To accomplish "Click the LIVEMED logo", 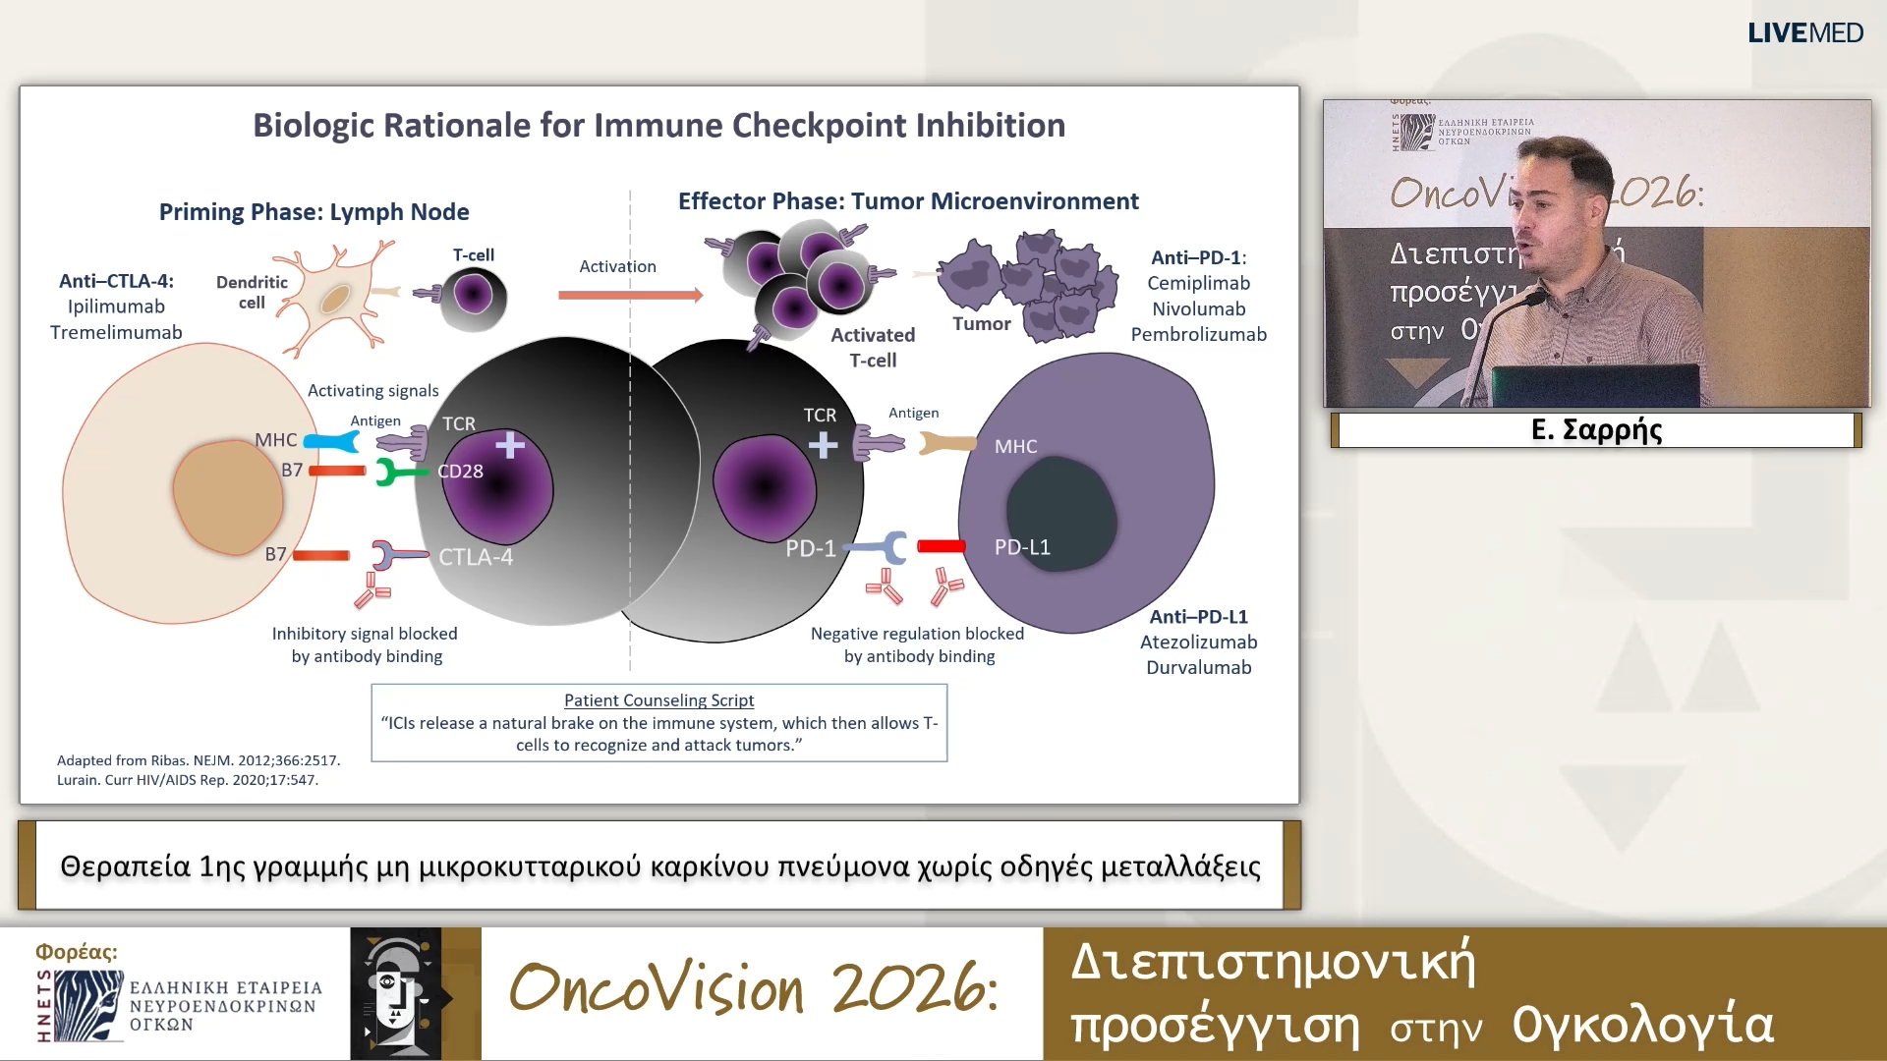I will click(1804, 32).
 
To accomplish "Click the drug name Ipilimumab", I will click(116, 307).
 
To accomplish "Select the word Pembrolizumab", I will click(1198, 334).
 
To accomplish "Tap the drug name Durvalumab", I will click(1198, 668).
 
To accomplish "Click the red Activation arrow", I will click(629, 295).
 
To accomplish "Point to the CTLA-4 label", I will click(476, 557).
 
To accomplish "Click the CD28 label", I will click(460, 472).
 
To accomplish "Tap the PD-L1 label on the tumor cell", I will click(1022, 547).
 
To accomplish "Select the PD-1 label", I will click(810, 548).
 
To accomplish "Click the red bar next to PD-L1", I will click(941, 546).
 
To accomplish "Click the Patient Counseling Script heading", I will click(658, 700).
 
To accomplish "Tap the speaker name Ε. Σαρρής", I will click(1596, 430).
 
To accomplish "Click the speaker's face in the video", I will click(1553, 216).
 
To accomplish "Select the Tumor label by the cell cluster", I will click(981, 324).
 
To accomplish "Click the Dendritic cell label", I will click(252, 292).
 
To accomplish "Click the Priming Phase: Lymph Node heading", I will click(314, 212).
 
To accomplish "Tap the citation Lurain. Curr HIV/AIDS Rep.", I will click(187, 780).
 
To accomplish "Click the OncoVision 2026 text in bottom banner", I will click(754, 988).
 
